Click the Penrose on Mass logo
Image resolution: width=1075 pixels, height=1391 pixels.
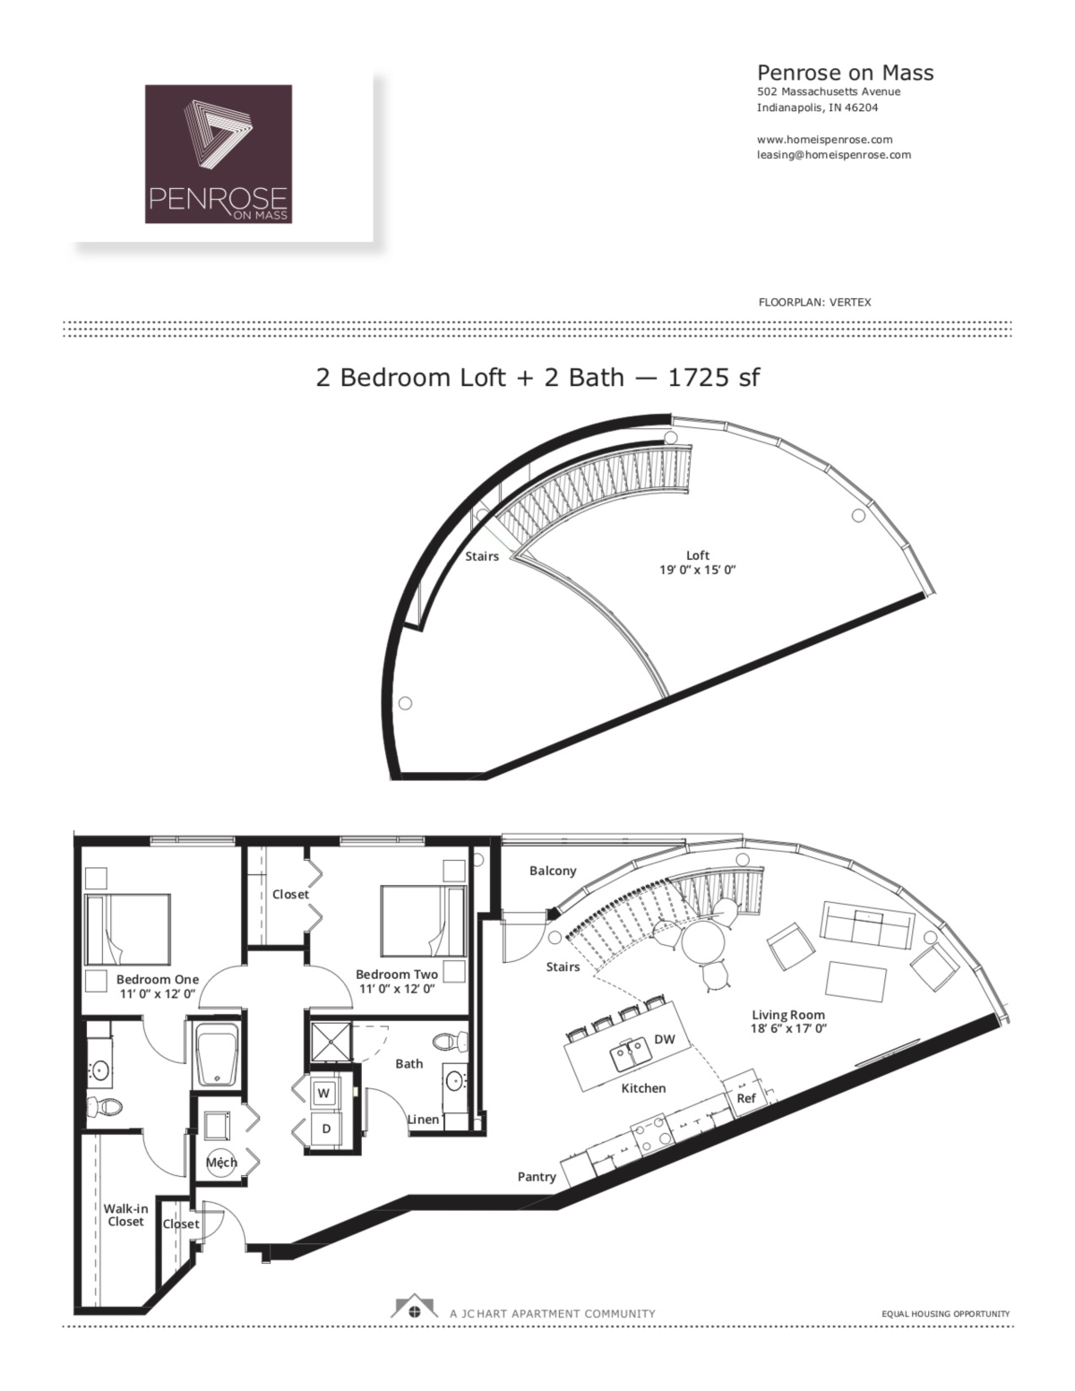point(219,153)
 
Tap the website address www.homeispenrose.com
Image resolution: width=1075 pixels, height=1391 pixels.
point(824,140)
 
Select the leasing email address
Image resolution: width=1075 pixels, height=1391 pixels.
point(833,154)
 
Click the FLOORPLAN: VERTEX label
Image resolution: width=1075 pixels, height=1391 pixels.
point(814,302)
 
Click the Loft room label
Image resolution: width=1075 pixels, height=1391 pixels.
point(698,555)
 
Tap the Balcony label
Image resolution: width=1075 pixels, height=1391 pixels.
point(553,871)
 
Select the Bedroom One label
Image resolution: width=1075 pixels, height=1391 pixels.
point(158,979)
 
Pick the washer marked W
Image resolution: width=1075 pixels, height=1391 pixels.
point(324,1093)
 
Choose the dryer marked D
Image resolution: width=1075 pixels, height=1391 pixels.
point(326,1129)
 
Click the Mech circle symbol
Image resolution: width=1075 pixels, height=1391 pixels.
point(221,1163)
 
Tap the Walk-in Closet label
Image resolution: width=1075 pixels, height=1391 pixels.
point(125,1215)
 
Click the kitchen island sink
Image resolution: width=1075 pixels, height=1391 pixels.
point(632,1056)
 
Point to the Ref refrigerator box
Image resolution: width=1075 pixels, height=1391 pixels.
point(745,1097)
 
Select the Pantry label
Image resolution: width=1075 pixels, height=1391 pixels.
point(537,1177)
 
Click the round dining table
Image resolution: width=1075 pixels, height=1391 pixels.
point(700,941)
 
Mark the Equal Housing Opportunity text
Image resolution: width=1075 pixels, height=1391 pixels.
point(945,1314)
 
